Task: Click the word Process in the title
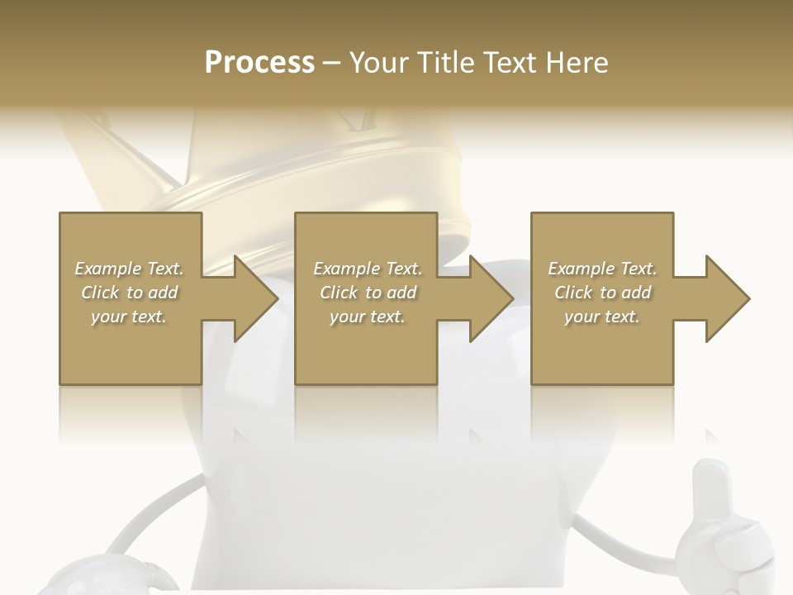point(259,63)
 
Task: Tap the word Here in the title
point(577,63)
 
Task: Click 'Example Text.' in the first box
point(129,269)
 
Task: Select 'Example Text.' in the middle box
point(368,269)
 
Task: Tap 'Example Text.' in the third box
point(602,269)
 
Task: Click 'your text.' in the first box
point(129,317)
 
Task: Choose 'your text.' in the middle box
point(368,317)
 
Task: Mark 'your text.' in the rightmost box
point(602,317)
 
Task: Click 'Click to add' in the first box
point(129,293)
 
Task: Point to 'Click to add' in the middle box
point(368,293)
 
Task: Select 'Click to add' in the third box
point(602,293)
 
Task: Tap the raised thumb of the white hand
point(709,488)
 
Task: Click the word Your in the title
point(379,63)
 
